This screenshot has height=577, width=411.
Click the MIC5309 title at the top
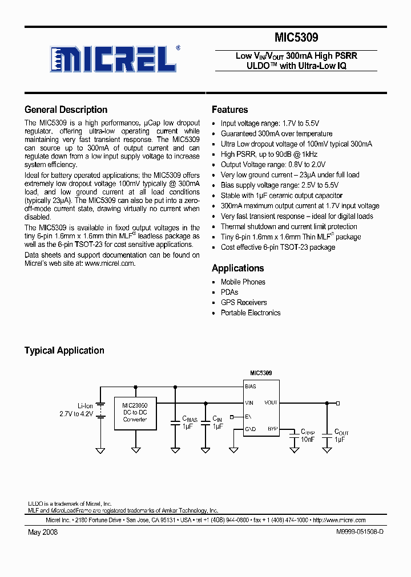pos(296,38)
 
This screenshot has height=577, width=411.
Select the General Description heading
pos(66,109)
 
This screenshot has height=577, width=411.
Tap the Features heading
pos(229,109)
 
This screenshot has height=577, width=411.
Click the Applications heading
pos(237,268)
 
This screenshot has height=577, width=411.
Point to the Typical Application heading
pos(64,351)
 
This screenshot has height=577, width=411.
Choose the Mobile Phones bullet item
pos(243,282)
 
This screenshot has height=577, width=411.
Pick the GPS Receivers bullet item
pos(244,302)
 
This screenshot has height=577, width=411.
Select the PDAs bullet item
pos(229,292)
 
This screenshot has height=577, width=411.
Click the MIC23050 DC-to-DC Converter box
pos(135,413)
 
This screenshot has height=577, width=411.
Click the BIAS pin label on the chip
pos(251,386)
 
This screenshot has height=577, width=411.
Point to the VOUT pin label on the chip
pos(271,403)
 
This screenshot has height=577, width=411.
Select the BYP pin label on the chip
pos(272,428)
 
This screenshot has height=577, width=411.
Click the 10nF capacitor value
pos(307,439)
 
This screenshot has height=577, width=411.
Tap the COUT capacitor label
pos(341,432)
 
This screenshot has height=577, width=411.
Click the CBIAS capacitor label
pos(190,419)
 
